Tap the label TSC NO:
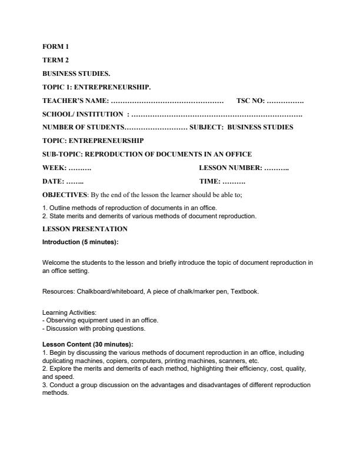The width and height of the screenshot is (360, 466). (x=251, y=101)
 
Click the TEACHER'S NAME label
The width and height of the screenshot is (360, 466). (x=76, y=101)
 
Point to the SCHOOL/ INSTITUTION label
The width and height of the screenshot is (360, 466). (x=83, y=114)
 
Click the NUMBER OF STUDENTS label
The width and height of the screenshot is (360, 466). (x=83, y=127)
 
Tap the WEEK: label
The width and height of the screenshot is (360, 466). (x=55, y=168)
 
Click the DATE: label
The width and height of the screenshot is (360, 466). (x=54, y=182)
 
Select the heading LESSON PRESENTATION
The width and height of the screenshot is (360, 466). (x=85, y=228)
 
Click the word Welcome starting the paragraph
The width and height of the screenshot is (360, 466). (x=55, y=262)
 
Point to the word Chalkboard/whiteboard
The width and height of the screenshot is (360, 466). (x=108, y=291)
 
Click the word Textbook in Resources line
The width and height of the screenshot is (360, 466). (x=244, y=291)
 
